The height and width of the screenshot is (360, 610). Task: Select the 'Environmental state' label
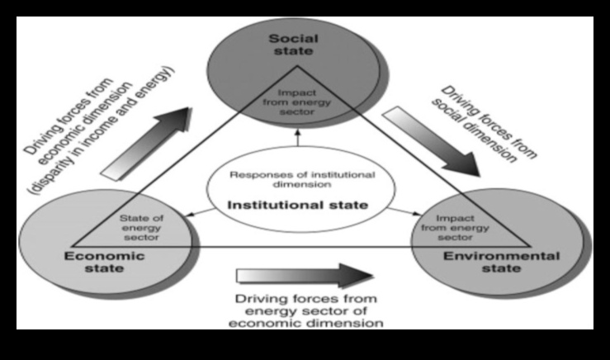[501, 262]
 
